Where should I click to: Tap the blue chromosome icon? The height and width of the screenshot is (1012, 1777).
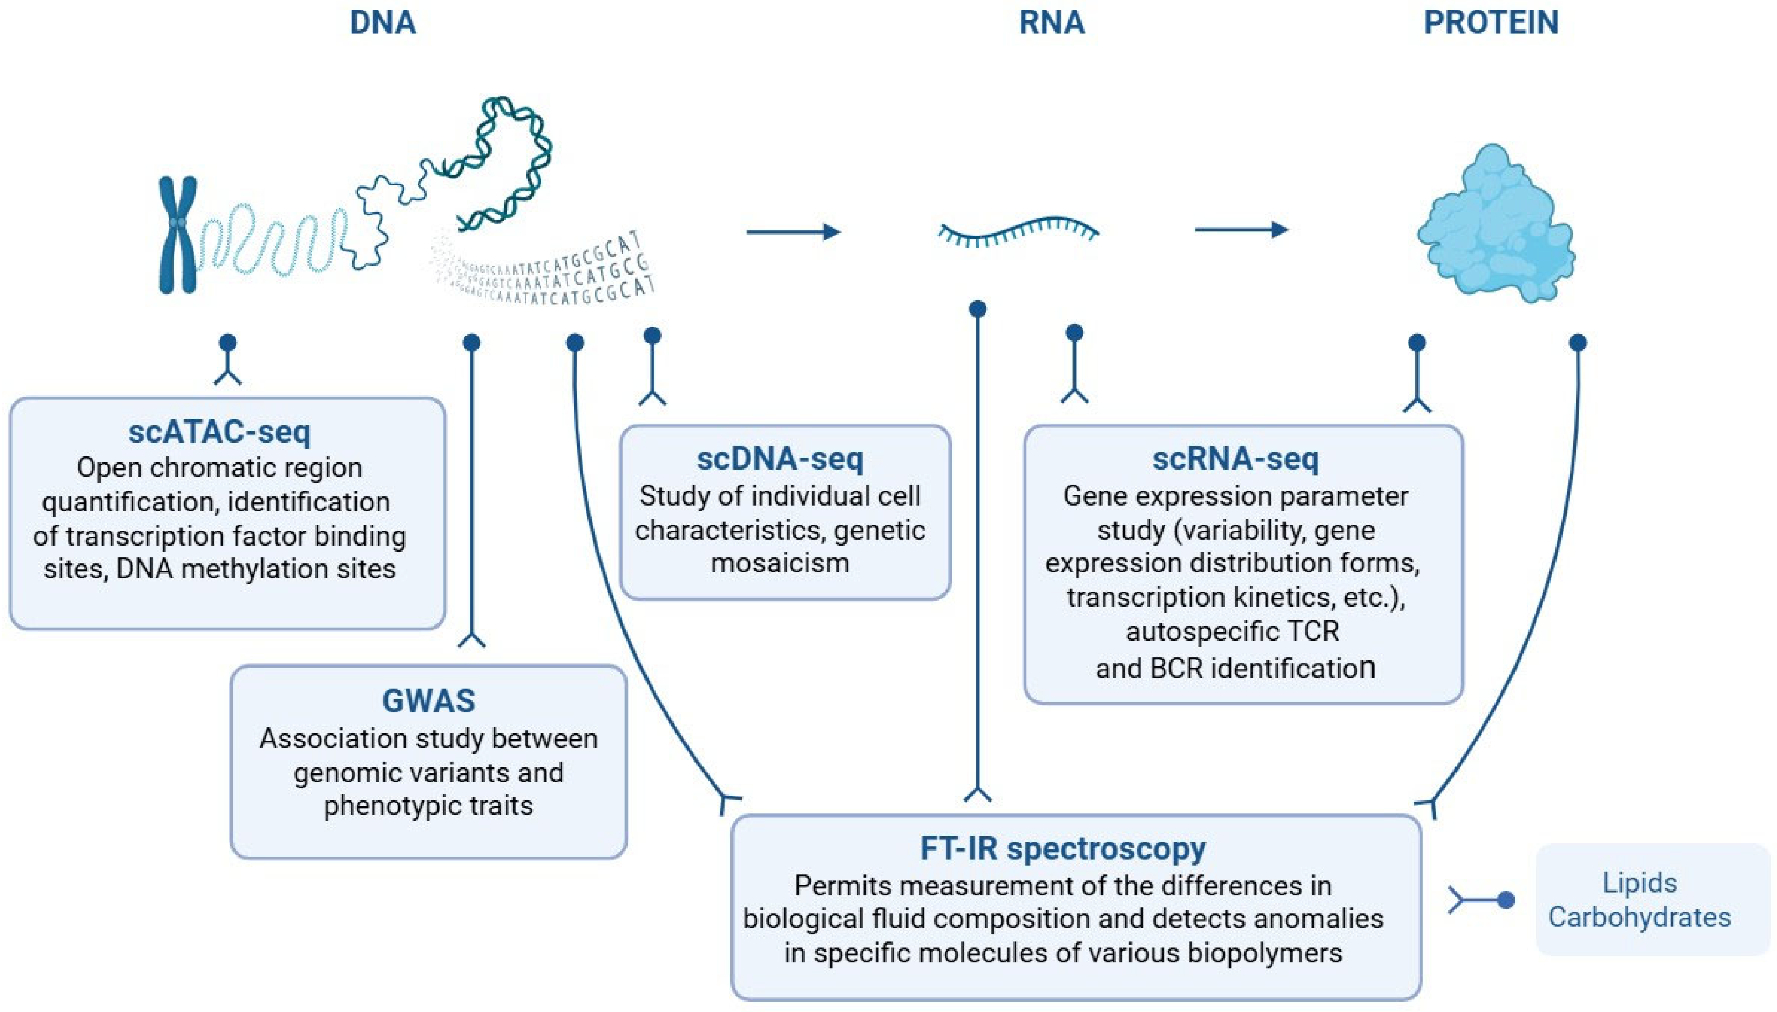coord(179,235)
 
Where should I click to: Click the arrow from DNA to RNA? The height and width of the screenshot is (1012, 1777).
coord(794,231)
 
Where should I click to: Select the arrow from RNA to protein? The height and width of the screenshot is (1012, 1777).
coord(1241,230)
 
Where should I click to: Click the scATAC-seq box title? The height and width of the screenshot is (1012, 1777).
coord(219,432)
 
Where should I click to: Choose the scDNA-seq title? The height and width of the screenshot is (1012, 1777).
coord(780,459)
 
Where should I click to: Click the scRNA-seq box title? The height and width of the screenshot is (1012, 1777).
coord(1235,459)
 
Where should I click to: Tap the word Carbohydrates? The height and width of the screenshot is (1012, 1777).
coord(1639,917)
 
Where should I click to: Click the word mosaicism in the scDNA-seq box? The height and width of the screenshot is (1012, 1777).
coord(780,562)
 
